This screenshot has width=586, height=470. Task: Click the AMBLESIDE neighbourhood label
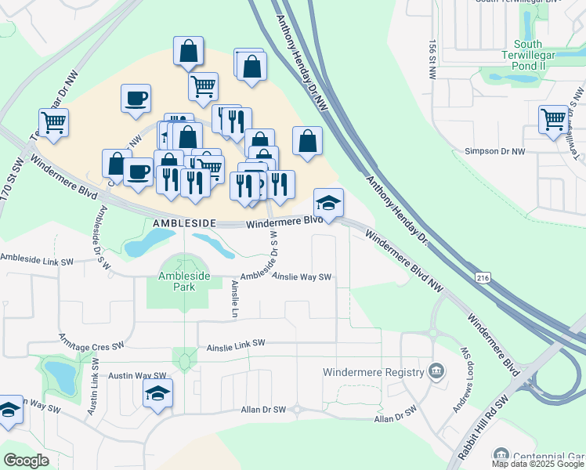click(x=183, y=223)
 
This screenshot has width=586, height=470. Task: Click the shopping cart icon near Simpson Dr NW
click(x=553, y=120)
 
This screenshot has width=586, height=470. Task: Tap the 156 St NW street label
click(x=432, y=60)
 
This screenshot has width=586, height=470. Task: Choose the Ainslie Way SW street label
click(x=302, y=276)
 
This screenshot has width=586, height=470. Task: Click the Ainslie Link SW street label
click(x=237, y=344)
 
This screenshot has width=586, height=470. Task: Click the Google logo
click(x=26, y=461)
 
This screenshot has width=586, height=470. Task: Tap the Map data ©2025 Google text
click(x=538, y=464)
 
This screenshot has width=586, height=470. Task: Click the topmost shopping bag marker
click(x=189, y=52)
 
